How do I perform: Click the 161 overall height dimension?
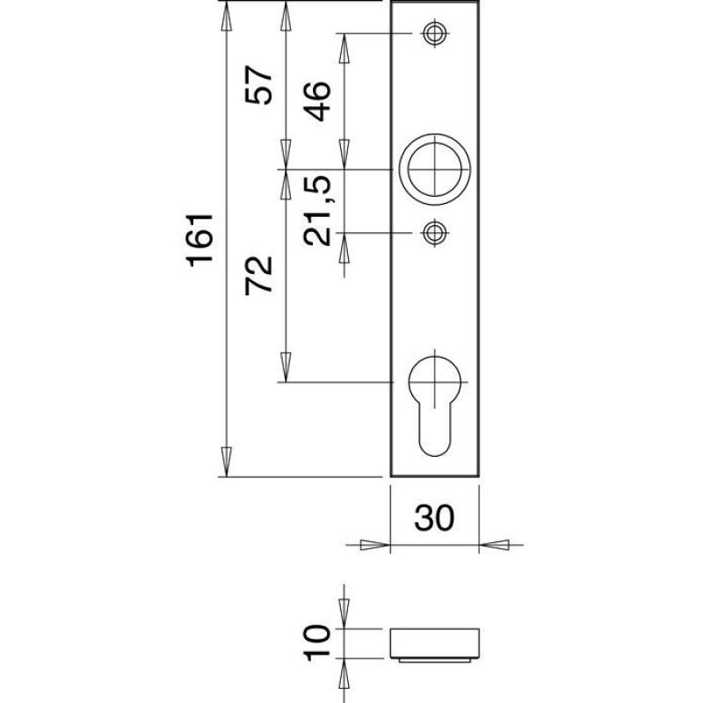point(200,240)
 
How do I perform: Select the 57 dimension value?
point(258,84)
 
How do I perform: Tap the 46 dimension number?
point(317,101)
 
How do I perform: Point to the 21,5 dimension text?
point(317,211)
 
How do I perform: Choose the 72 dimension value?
point(258,276)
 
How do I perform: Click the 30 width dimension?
point(434,518)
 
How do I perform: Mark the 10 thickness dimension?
point(317,642)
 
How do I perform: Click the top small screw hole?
point(434,33)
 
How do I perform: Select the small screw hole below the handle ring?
point(434,233)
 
